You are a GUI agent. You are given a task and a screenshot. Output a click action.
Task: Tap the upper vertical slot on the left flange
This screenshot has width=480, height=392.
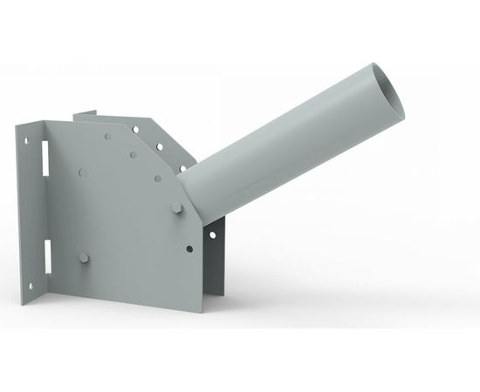[41, 163]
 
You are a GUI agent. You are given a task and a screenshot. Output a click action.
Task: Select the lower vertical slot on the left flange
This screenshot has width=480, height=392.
[42, 254]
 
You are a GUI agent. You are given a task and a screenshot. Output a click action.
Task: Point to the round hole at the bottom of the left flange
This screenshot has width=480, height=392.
[29, 285]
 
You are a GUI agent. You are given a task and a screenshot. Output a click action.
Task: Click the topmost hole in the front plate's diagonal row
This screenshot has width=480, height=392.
[107, 137]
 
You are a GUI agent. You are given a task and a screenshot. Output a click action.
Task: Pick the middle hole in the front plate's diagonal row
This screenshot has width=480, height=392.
[133, 156]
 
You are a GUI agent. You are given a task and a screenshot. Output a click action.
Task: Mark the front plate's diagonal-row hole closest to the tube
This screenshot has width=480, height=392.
[157, 178]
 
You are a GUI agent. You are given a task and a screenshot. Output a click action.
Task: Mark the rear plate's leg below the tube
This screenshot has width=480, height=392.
[216, 261]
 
